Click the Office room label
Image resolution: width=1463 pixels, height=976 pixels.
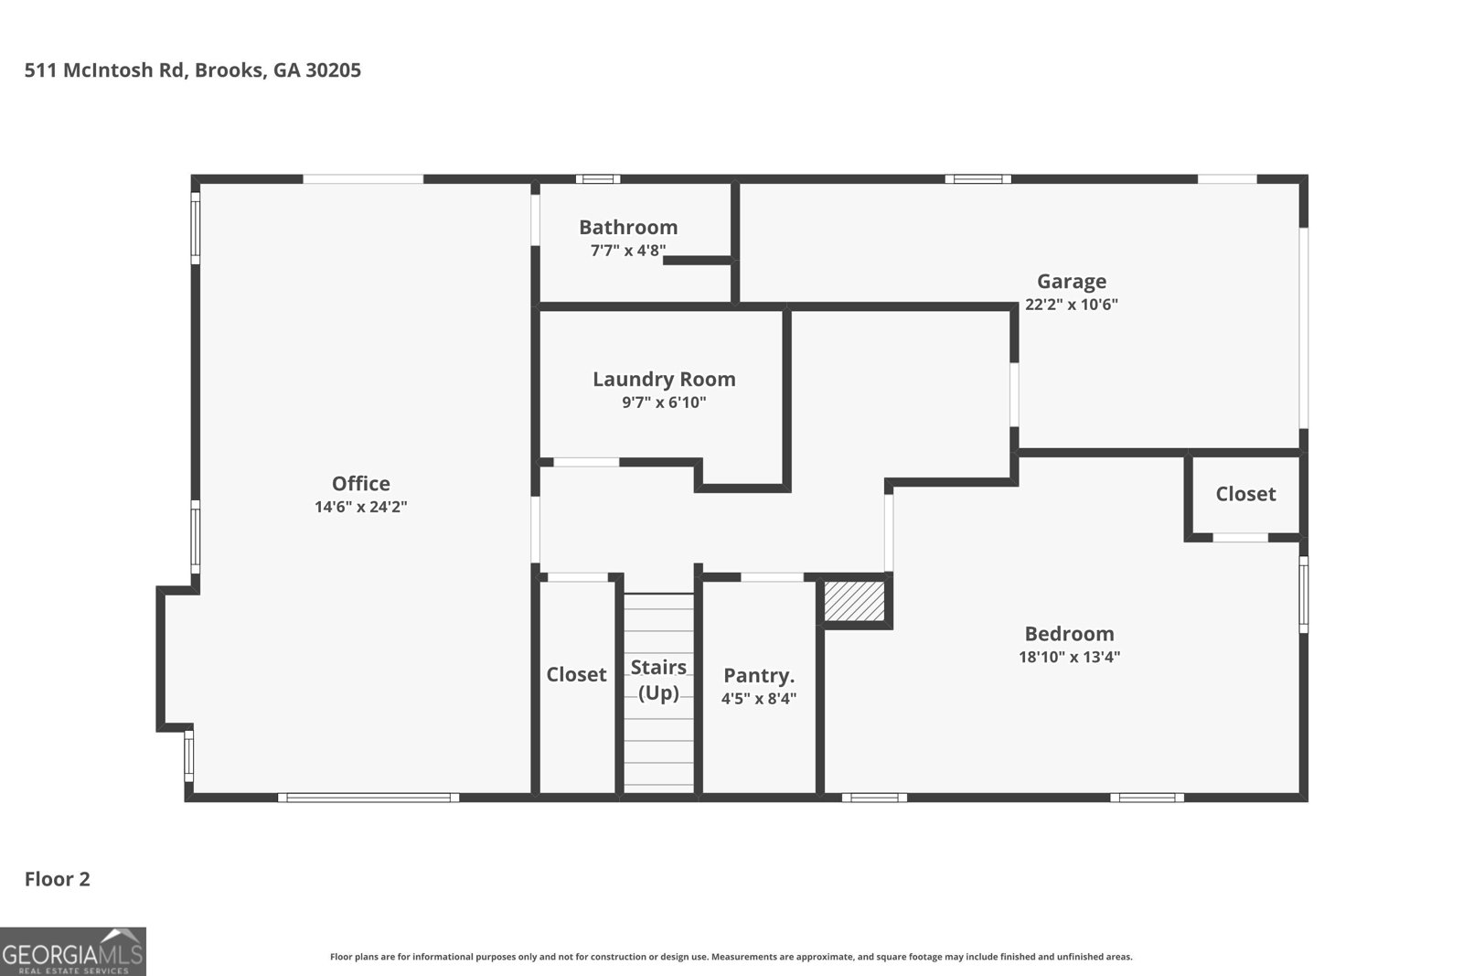coord(360,484)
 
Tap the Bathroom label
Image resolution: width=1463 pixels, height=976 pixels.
coord(628,228)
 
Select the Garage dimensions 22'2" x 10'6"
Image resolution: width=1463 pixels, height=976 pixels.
coord(1071,305)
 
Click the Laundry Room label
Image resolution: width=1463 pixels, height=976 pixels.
coord(664,379)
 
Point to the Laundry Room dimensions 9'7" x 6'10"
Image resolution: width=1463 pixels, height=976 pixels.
coord(664,402)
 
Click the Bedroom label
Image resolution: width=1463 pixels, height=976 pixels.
coord(1069,634)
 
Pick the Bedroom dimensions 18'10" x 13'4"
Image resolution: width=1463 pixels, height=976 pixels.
coord(1069,657)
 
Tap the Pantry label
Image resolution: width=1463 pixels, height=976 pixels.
coord(759,675)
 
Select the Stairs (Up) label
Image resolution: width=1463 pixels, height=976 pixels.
coord(658,680)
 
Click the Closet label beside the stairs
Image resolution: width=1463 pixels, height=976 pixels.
coord(576,674)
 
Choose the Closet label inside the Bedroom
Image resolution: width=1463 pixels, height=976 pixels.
coord(1245,494)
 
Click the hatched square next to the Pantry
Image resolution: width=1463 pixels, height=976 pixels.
coord(854,601)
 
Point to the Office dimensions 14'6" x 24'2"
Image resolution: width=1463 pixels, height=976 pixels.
coord(360,507)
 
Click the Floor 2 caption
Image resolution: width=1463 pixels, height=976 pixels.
coord(58,879)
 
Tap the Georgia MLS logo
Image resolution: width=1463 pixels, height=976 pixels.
coord(72,951)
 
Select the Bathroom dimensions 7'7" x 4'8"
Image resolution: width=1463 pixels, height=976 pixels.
coord(628,251)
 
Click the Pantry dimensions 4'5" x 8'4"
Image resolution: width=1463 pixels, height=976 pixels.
coord(759,699)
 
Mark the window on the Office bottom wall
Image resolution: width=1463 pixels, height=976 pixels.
coord(368,798)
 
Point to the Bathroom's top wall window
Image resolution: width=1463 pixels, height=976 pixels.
coord(598,179)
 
